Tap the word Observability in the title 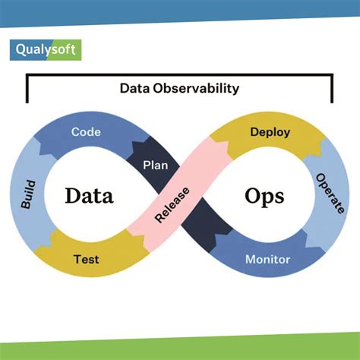coord(200,88)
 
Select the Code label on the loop coord(87,132)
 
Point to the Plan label coord(155,164)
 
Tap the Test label coord(86,259)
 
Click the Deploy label coord(270,132)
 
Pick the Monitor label coord(267,260)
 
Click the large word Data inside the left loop coord(89,196)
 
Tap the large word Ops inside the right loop coord(264,196)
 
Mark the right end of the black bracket coord(332,101)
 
